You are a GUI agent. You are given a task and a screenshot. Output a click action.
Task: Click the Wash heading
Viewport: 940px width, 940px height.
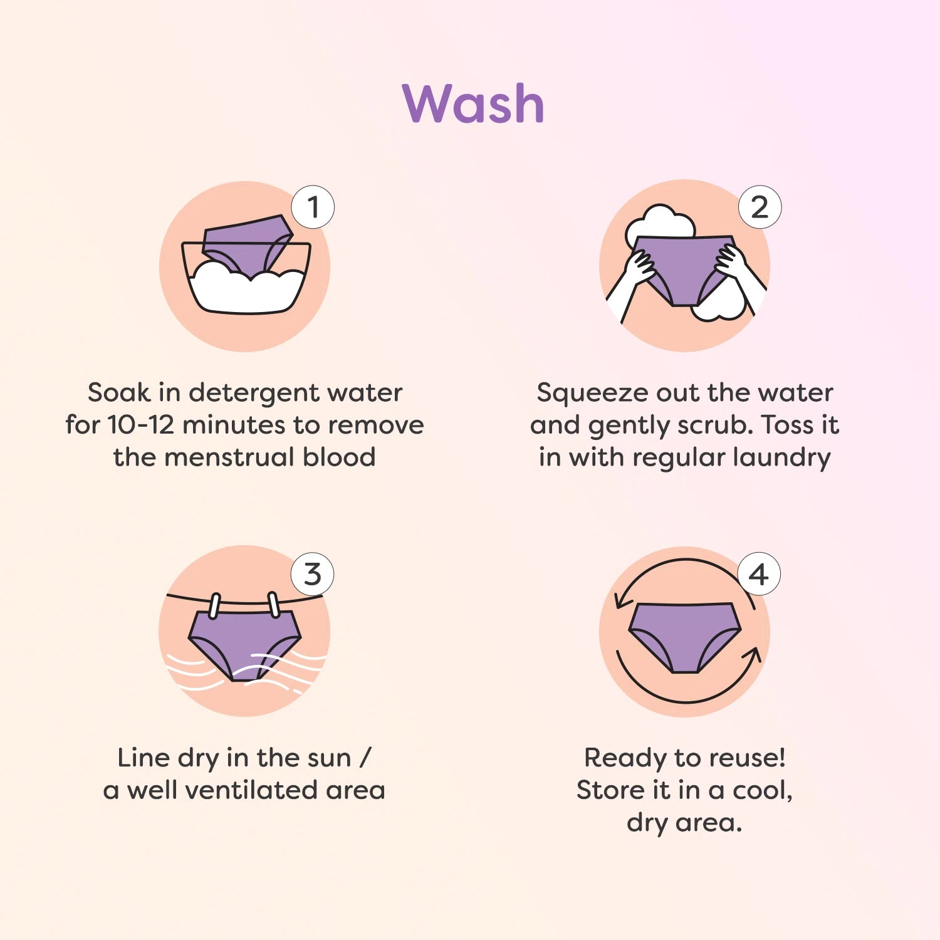click(473, 103)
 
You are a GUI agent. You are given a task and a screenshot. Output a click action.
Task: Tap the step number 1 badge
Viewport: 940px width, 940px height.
click(313, 207)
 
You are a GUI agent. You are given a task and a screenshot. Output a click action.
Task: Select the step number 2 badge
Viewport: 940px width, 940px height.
click(760, 207)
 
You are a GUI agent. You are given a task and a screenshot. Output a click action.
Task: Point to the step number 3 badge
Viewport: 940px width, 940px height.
click(313, 574)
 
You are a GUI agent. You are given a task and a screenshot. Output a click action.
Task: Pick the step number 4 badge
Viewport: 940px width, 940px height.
click(759, 574)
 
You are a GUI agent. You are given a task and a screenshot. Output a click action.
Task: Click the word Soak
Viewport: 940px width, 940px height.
click(119, 393)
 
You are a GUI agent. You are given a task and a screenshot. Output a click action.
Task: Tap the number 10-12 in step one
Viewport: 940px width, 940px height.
click(141, 425)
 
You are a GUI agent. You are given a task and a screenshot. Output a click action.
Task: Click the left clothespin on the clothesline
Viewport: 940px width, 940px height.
click(214, 605)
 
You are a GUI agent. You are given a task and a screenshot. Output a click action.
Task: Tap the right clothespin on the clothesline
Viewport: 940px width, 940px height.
click(274, 604)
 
